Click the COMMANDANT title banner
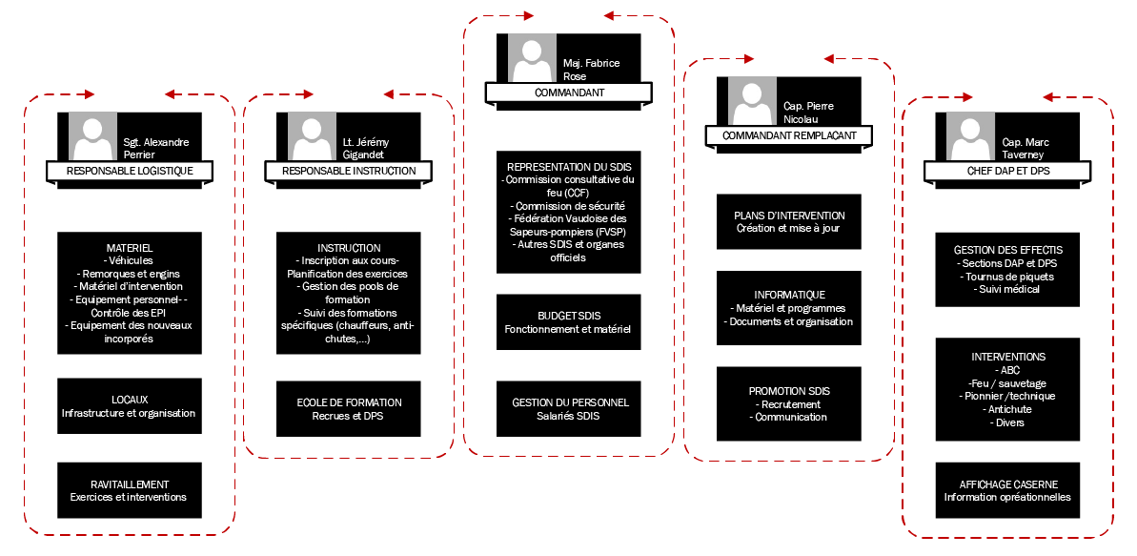569,93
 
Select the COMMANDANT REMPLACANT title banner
789,135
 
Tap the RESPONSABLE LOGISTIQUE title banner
130,172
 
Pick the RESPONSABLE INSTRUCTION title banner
349,172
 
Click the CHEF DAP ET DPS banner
1007,172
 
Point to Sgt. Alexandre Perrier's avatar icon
92,136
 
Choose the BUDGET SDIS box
569,321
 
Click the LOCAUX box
130,406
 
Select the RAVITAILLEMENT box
130,490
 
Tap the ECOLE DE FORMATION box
349,408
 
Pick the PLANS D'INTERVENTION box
789,221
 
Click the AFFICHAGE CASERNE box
1007,490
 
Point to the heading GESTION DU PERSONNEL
570,402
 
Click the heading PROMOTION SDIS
788,391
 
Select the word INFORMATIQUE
789,295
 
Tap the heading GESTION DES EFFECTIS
1007,251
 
